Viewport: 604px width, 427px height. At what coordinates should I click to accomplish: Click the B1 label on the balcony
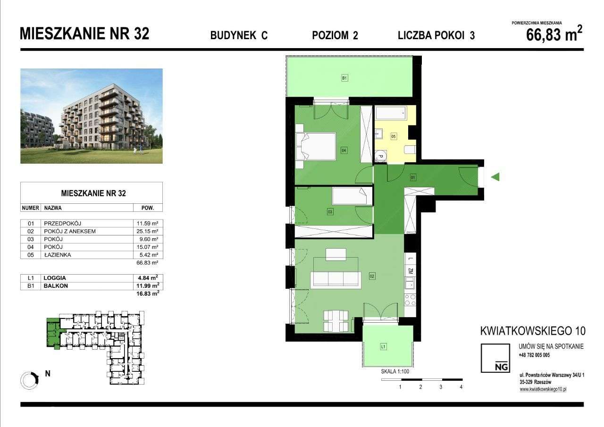click(x=344, y=78)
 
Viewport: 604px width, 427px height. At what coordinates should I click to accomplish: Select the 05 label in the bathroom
click(x=394, y=136)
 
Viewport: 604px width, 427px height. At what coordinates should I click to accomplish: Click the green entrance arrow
click(x=495, y=177)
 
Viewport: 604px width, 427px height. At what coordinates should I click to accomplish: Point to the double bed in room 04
click(x=315, y=147)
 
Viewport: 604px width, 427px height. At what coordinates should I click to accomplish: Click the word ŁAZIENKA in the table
click(x=59, y=255)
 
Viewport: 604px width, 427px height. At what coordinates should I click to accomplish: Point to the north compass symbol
click(x=30, y=379)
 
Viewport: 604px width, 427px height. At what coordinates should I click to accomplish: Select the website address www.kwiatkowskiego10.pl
click(x=542, y=389)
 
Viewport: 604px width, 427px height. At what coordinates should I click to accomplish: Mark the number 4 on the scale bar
click(x=461, y=387)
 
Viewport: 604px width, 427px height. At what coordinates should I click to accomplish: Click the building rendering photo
click(x=92, y=116)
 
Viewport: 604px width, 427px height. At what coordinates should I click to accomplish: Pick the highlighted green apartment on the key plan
click(x=53, y=333)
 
